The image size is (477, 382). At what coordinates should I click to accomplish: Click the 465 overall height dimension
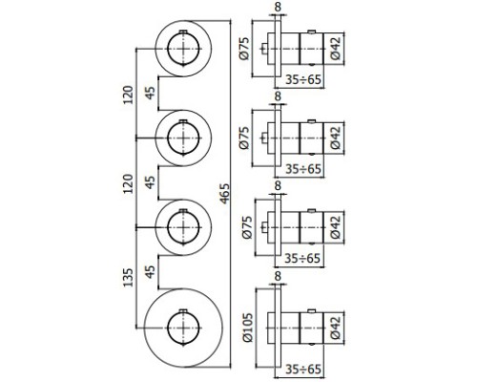tap(224, 194)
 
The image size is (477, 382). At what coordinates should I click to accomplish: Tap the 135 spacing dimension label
tap(128, 278)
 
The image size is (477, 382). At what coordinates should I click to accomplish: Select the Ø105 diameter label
tap(248, 328)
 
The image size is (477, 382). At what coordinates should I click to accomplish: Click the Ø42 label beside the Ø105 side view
tap(336, 328)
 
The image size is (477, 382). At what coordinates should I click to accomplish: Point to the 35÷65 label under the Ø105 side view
tap(303, 369)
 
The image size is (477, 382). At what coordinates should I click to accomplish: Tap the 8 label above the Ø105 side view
tap(278, 276)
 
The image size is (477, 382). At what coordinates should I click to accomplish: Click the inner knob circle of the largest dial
tap(183, 328)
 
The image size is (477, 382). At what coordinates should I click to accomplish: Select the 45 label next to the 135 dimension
tap(150, 271)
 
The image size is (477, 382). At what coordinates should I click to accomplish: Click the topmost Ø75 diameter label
tap(245, 49)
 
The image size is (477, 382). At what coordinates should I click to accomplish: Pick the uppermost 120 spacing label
tap(128, 95)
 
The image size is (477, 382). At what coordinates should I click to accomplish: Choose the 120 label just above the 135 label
tap(128, 183)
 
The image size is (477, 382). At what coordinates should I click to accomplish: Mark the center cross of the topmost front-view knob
tap(183, 49)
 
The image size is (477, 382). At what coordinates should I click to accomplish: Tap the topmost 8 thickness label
tap(278, 7)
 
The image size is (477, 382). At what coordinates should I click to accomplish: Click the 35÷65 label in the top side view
tap(303, 79)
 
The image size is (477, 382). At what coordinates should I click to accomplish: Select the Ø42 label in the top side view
tap(336, 49)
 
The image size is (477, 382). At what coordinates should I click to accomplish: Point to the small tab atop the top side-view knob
tap(312, 32)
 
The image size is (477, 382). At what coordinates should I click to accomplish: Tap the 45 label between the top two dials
tap(150, 93)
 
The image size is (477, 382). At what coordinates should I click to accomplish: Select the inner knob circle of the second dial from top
tap(183, 138)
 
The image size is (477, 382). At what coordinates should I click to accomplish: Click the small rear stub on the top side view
tap(264, 49)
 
